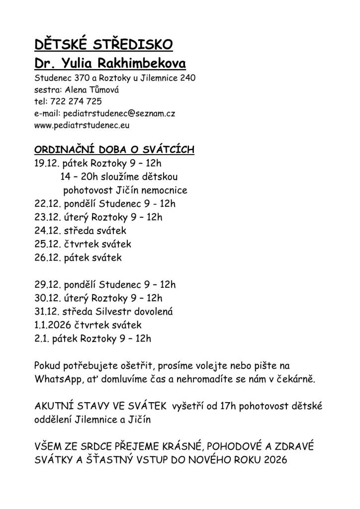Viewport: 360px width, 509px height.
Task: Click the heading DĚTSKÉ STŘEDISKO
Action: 103,45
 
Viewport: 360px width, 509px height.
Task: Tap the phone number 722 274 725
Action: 75,101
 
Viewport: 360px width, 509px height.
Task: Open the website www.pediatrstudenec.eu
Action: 82,125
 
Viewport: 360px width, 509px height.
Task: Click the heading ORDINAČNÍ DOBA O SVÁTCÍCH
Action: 114,150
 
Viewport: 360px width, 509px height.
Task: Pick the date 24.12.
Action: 47,231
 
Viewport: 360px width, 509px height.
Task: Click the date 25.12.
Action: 47,244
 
